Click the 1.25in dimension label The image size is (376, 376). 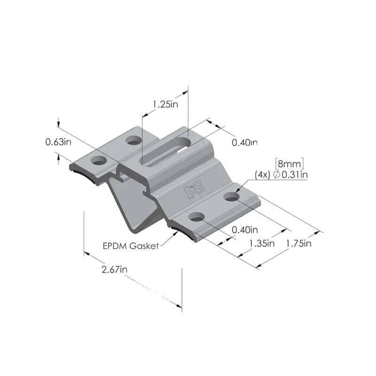coord(166,104)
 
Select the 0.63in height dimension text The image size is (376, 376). coord(58,142)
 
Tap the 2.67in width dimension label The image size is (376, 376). coord(114,269)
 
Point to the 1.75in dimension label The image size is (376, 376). coord(299,243)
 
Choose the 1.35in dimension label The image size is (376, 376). coord(262,243)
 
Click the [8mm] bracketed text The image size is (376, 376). coord(290,164)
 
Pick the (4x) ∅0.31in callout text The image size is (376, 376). coord(281,175)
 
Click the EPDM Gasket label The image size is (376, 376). coord(131,246)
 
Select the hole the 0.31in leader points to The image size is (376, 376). coord(231,197)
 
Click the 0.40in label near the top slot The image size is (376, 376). coord(244,142)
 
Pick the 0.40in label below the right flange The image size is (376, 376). coord(245,230)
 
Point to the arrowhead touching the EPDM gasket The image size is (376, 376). coord(175,232)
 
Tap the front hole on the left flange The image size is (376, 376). coord(99,160)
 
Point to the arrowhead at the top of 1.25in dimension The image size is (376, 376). coord(185,92)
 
